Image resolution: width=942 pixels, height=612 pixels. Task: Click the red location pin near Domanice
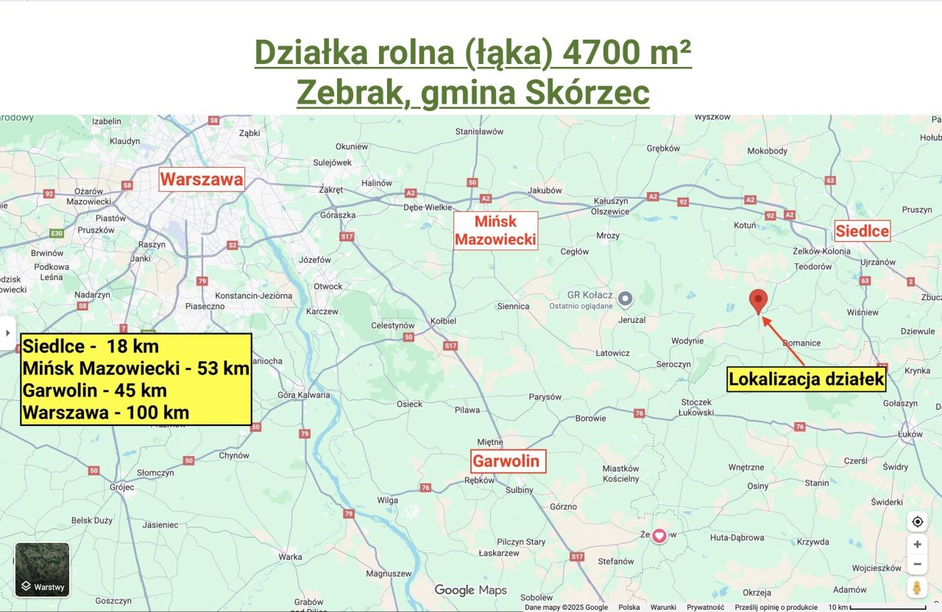pyautogui.click(x=758, y=301)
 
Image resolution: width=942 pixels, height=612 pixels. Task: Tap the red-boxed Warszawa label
pyautogui.click(x=202, y=179)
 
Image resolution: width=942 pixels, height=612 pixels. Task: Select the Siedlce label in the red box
pyautogui.click(x=862, y=232)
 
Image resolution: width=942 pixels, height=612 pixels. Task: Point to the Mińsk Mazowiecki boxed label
pyautogui.click(x=495, y=230)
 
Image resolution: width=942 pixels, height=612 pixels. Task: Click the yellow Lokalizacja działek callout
pyautogui.click(x=807, y=379)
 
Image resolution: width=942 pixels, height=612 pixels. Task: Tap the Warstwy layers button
pyautogui.click(x=43, y=569)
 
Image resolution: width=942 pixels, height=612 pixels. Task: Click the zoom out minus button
pyautogui.click(x=917, y=564)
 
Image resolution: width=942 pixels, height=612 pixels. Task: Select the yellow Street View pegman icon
pyautogui.click(x=917, y=588)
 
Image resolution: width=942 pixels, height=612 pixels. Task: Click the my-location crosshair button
pyautogui.click(x=917, y=522)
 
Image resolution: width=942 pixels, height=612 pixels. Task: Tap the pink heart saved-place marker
pyautogui.click(x=659, y=535)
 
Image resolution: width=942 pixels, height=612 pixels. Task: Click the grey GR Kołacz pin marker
pyautogui.click(x=626, y=298)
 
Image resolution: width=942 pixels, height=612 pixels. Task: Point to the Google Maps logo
pyautogui.click(x=470, y=590)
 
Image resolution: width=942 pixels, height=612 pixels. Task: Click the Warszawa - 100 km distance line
pyautogui.click(x=106, y=413)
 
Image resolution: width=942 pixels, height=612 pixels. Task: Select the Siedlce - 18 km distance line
pyautogui.click(x=91, y=346)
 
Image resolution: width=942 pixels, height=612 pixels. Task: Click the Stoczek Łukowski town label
pyautogui.click(x=696, y=407)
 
